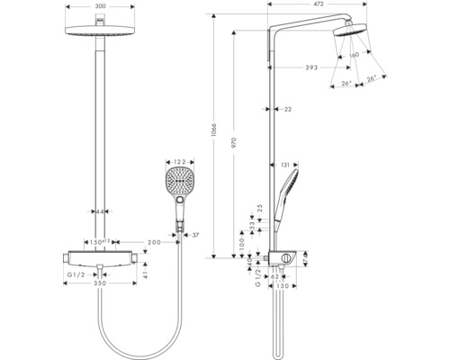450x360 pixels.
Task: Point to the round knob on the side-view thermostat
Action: (285, 260)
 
